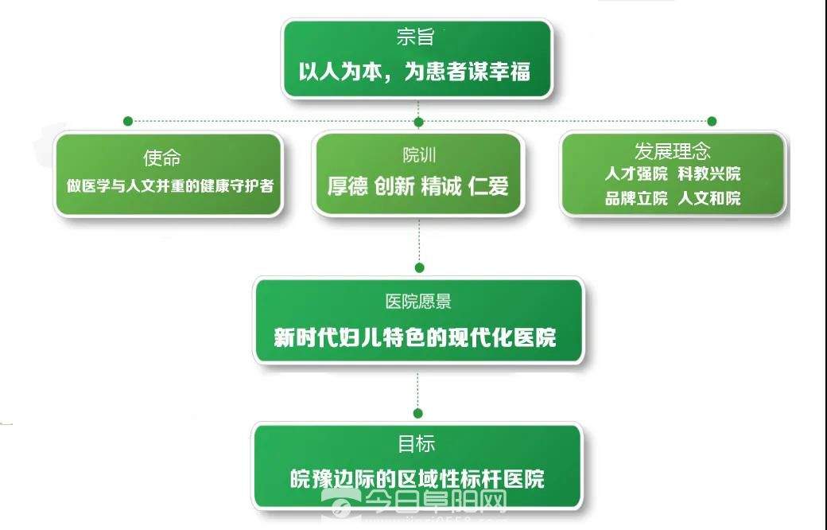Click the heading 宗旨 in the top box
[x=416, y=37]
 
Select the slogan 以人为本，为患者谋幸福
[x=414, y=72]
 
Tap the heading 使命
[x=162, y=158]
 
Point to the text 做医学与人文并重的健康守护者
[x=170, y=185]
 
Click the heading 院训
[x=419, y=155]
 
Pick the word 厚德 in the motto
[x=347, y=185]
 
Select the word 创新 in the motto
[x=394, y=185]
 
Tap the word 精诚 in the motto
[x=441, y=185]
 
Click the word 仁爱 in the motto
[x=488, y=185]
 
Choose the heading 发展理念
[x=673, y=151]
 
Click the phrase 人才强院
[x=636, y=173]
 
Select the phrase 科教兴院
[x=709, y=173]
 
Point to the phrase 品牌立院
[x=636, y=198]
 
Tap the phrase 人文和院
[x=709, y=198]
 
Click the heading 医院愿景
[x=418, y=302]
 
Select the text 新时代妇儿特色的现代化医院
[x=415, y=338]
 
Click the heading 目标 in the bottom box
[x=417, y=443]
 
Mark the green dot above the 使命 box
[x=128, y=122]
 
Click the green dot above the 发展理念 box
[x=712, y=122]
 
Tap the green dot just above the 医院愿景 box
[x=419, y=267]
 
